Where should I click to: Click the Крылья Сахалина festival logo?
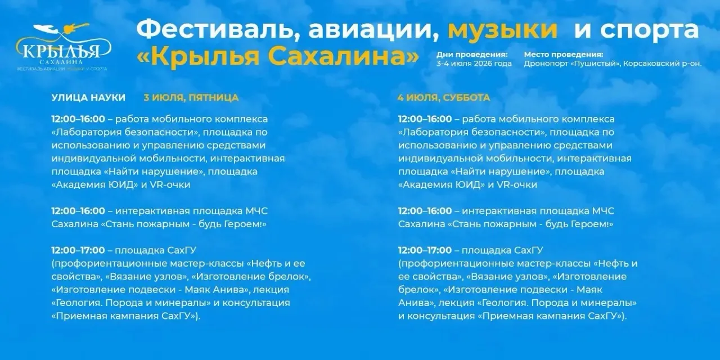(x=62, y=47)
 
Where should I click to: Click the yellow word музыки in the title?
(x=503, y=30)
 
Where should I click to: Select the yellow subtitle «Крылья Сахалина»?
(x=278, y=57)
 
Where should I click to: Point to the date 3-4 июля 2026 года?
(x=474, y=64)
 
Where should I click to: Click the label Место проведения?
(x=564, y=55)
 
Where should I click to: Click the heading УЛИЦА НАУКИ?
(x=88, y=97)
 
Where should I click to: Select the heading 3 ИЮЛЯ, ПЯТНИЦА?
(x=191, y=97)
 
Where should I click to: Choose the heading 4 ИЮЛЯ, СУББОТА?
(x=444, y=97)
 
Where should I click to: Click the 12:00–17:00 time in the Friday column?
(x=78, y=250)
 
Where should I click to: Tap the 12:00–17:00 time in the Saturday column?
(x=425, y=250)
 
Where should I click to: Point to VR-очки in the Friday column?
(x=170, y=185)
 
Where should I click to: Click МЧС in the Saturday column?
(x=604, y=211)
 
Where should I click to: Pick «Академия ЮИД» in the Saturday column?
(x=442, y=185)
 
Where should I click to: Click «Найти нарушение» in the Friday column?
(x=154, y=172)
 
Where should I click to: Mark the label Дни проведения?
(x=472, y=55)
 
